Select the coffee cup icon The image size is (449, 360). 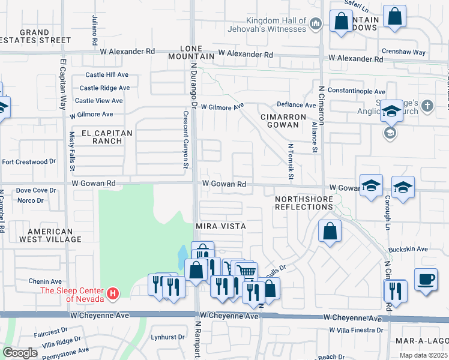pyautogui.click(x=426, y=280)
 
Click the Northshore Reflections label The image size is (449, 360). pyautogui.click(x=303, y=202)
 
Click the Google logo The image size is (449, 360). pyautogui.click(x=20, y=352)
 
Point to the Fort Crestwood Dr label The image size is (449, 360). pyautogui.click(x=28, y=161)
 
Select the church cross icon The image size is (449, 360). pyautogui.click(x=427, y=106)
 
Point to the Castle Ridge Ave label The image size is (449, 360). pyautogui.click(x=104, y=88)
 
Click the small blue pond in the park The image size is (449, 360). pyautogui.click(x=182, y=259)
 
